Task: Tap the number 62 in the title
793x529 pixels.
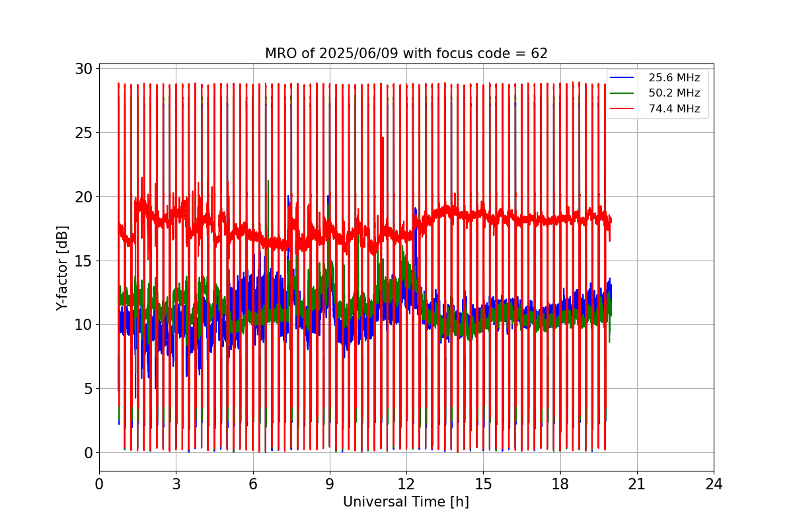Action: pyautogui.click(x=539, y=54)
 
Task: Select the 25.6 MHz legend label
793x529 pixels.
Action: pyautogui.click(x=674, y=78)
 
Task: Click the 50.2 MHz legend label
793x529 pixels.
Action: pyautogui.click(x=674, y=93)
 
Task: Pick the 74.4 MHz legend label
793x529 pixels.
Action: pyautogui.click(x=674, y=109)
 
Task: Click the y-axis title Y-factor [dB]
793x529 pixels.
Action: pyautogui.click(x=62, y=267)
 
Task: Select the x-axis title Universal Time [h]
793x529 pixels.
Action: pyautogui.click(x=406, y=502)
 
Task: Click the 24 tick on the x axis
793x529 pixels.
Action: pyautogui.click(x=714, y=484)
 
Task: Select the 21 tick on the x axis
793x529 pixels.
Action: pyautogui.click(x=636, y=484)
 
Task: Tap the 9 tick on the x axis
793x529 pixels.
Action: pyautogui.click(x=330, y=484)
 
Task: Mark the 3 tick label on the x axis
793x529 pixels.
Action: pyautogui.click(x=176, y=484)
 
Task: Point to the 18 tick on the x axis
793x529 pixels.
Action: pyautogui.click(x=560, y=484)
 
